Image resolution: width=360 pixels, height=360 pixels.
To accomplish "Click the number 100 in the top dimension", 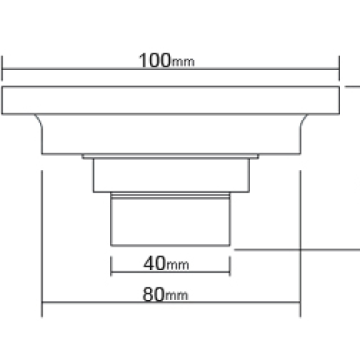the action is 155,60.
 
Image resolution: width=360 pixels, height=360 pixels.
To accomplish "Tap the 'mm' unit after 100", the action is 183,63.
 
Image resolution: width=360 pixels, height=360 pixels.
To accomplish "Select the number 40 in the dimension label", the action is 154,263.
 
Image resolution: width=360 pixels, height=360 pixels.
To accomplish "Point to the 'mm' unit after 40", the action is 177,265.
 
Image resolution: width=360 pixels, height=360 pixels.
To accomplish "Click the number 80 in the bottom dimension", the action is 153,294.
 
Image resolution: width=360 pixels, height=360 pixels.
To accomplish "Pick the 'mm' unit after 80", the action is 176,296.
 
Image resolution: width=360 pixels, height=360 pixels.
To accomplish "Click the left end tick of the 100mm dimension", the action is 2,68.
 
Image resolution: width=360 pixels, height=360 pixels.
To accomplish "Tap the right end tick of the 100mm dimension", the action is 339,68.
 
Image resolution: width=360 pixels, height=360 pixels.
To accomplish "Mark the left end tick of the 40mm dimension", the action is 111,266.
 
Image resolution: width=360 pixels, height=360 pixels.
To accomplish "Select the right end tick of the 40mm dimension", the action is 230,266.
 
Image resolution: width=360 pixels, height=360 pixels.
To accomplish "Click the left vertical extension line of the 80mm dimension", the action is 42,243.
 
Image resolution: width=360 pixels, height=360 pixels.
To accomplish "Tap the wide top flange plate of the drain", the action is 171,100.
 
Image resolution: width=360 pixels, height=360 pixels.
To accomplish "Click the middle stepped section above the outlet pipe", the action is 171,175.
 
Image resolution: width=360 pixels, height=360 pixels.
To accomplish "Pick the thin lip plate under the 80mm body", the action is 170,157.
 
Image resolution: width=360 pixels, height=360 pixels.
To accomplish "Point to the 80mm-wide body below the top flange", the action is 171,134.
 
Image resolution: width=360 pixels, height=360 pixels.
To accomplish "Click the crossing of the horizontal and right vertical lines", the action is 300,250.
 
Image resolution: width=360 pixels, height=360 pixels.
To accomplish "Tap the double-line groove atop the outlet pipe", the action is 171,195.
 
